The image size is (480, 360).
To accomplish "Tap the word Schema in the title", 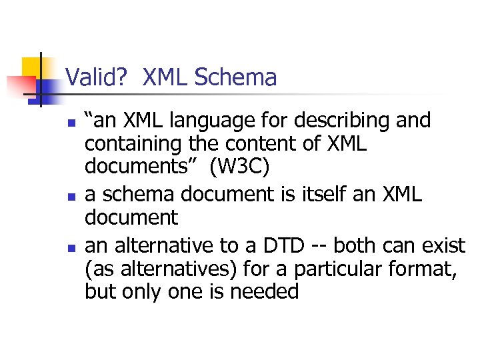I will (x=235, y=78).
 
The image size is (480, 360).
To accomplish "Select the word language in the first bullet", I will (x=203, y=121).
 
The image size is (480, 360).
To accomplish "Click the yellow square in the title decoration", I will (x=32, y=67).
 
